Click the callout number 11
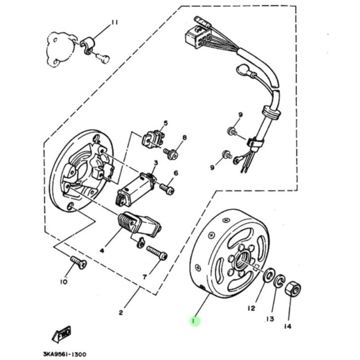(x=115, y=23)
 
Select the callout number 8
(x=184, y=137)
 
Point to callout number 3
(x=155, y=163)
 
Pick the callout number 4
(x=102, y=251)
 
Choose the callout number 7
(x=144, y=277)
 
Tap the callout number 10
(x=63, y=282)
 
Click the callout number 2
(x=120, y=312)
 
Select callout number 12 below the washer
(x=251, y=308)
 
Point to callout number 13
(x=270, y=318)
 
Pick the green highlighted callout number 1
(x=194, y=321)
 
